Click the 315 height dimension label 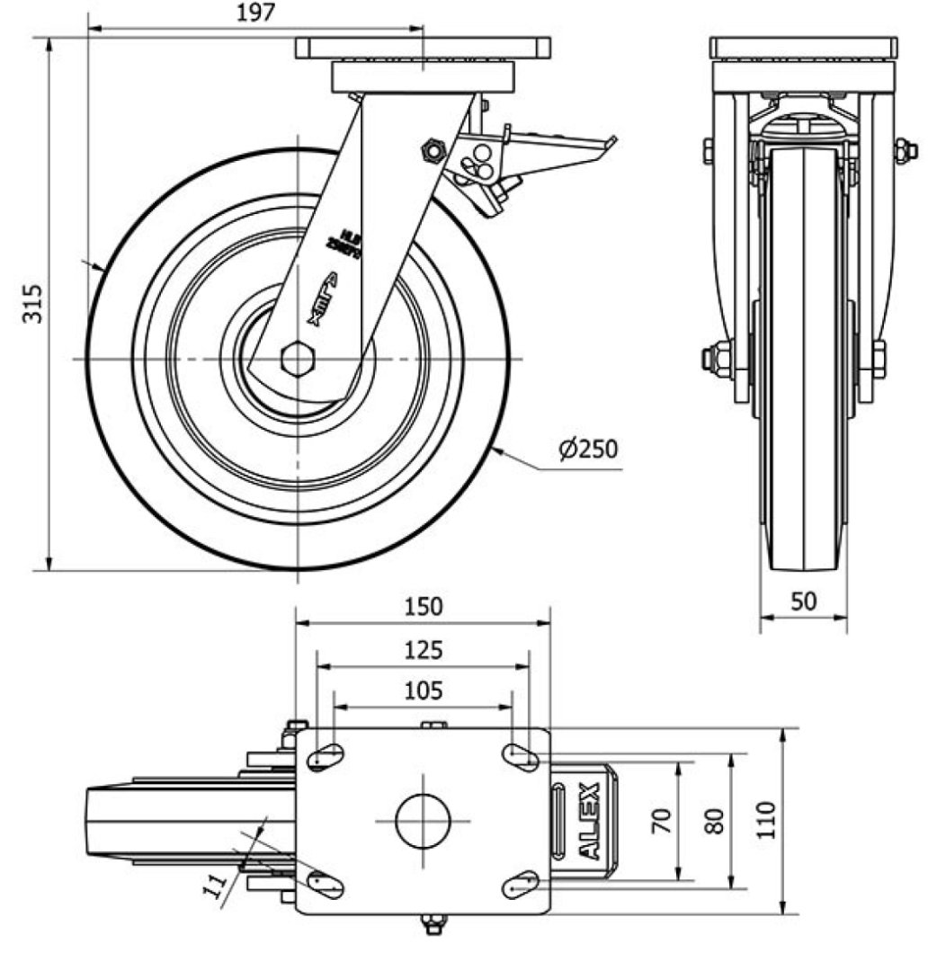click(x=31, y=304)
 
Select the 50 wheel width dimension click(x=804, y=601)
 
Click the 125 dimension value click(x=423, y=650)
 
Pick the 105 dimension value click(x=423, y=690)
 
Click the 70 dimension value click(x=663, y=820)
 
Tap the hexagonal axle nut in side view click(x=296, y=359)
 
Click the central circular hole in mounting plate click(x=423, y=821)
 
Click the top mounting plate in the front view click(x=802, y=48)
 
